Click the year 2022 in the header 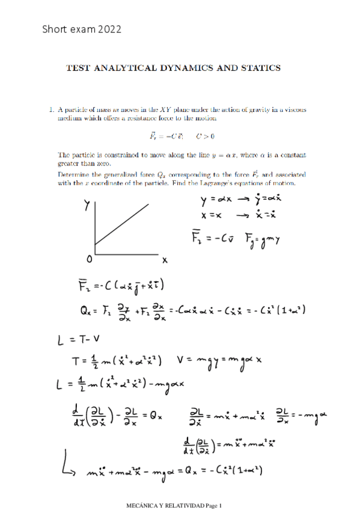coord(109,28)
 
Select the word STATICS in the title coord(261,68)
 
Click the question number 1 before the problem coord(52,110)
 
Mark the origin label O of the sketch coord(89,259)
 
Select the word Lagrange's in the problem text coord(240,183)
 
